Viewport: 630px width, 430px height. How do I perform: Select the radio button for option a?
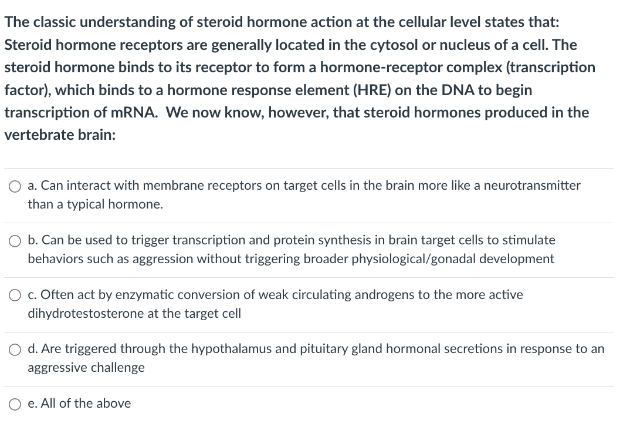[x=14, y=186]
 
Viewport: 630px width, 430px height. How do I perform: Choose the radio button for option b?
[x=14, y=240]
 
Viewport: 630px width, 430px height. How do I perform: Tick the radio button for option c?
[x=14, y=295]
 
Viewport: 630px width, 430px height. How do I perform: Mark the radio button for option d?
[x=14, y=350]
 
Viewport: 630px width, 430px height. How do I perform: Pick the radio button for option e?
[x=14, y=404]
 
